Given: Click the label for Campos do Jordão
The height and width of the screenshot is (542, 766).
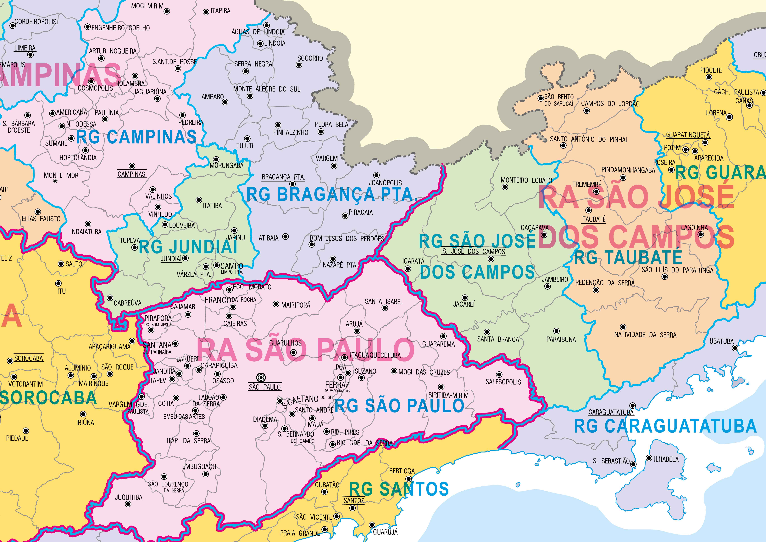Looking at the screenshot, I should click(610, 103).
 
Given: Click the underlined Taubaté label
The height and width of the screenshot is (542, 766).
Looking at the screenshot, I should click(594, 219).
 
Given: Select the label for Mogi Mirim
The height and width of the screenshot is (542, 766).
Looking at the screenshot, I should click(147, 6).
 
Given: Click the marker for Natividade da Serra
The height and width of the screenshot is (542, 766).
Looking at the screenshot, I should click(623, 327).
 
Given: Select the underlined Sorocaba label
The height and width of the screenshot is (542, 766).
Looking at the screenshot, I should click(29, 358).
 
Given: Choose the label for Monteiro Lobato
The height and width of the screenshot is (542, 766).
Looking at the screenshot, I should click(526, 180).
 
